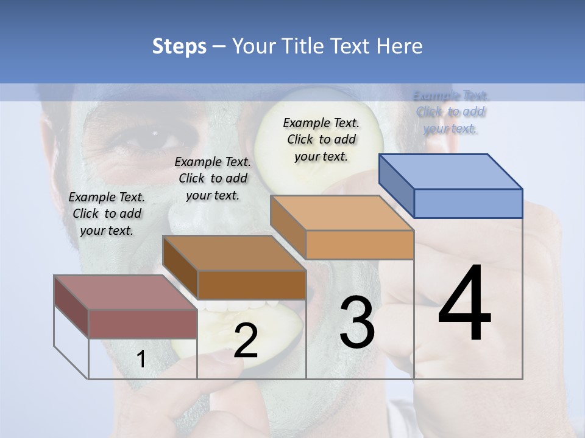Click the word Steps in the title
tap(179, 46)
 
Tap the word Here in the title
tap(400, 46)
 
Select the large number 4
tap(464, 304)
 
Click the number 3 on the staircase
tap(357, 322)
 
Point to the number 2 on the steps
tap(246, 341)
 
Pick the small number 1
tap(141, 360)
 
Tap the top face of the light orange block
tap(341, 213)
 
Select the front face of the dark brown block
tap(252, 285)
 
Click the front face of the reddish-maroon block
tap(143, 324)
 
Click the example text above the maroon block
tap(107, 214)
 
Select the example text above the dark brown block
tap(213, 178)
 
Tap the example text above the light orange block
tap(321, 139)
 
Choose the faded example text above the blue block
tap(451, 112)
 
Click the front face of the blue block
tap(468, 203)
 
